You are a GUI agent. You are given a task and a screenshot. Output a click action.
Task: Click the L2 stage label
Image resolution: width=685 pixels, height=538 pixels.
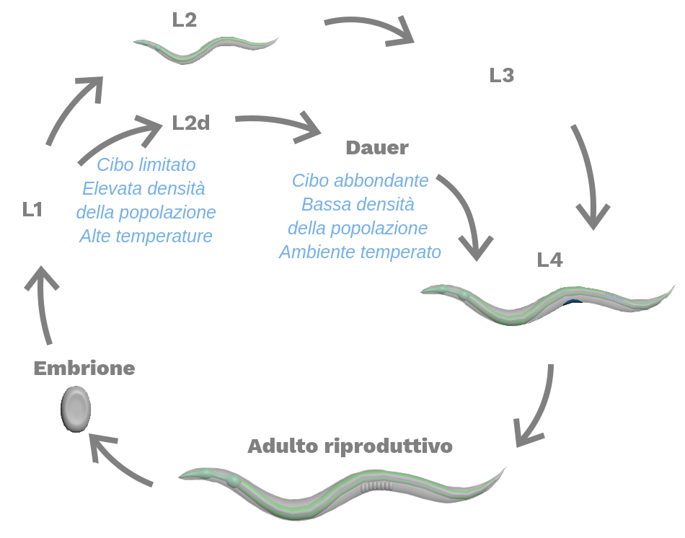[x=185, y=20]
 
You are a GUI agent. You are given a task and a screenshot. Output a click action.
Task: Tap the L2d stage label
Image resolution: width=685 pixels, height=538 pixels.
[x=191, y=123]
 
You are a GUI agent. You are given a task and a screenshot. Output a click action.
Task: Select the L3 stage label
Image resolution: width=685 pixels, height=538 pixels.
[x=502, y=76]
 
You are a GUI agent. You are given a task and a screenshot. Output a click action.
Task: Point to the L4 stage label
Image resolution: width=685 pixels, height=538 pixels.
[x=550, y=260]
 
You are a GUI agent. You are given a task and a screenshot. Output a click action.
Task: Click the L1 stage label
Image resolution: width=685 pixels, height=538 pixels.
[x=32, y=210]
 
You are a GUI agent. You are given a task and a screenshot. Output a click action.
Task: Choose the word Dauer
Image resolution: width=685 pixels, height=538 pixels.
[x=377, y=149]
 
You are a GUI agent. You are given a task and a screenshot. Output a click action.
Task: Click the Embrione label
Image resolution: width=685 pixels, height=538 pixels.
[x=84, y=369]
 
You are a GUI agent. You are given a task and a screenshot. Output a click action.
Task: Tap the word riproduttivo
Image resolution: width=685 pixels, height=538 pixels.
[x=386, y=446]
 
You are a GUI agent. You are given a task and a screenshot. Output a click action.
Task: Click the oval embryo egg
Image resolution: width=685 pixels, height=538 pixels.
[x=75, y=409]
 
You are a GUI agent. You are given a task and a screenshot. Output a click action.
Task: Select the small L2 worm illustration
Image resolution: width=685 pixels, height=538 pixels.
[x=206, y=49]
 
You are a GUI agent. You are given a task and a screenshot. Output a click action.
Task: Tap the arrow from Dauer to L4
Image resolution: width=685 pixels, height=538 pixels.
[x=466, y=213]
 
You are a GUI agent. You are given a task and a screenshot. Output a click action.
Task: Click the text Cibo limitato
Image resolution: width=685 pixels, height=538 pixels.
[x=146, y=165]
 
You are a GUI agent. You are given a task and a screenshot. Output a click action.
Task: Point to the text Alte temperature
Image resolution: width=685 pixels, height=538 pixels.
[x=146, y=236]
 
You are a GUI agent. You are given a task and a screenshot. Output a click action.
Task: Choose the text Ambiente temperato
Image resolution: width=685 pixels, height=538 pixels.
[x=360, y=252]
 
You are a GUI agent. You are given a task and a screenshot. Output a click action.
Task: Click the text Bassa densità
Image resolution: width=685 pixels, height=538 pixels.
[x=358, y=205]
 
